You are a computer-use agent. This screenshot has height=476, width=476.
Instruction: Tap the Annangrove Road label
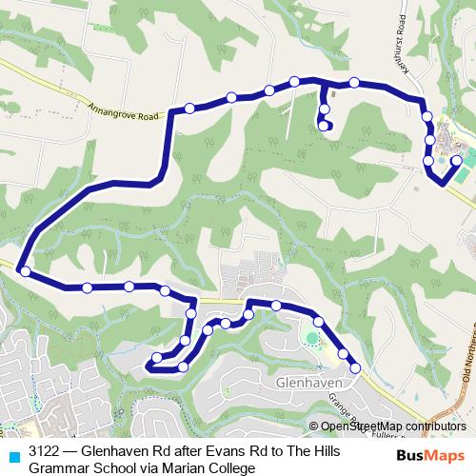pyautogui.click(x=120, y=102)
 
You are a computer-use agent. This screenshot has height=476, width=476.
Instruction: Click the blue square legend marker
pyautogui.click(x=12, y=457)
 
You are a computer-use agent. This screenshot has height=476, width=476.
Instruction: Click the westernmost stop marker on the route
pyautogui.click(x=25, y=272)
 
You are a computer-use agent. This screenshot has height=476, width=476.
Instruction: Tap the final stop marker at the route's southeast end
pyautogui.click(x=355, y=367)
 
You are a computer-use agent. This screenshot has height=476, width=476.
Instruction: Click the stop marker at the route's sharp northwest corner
pyautogui.click(x=189, y=109)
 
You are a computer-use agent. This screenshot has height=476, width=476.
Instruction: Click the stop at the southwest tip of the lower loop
pyautogui.click(x=158, y=359)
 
